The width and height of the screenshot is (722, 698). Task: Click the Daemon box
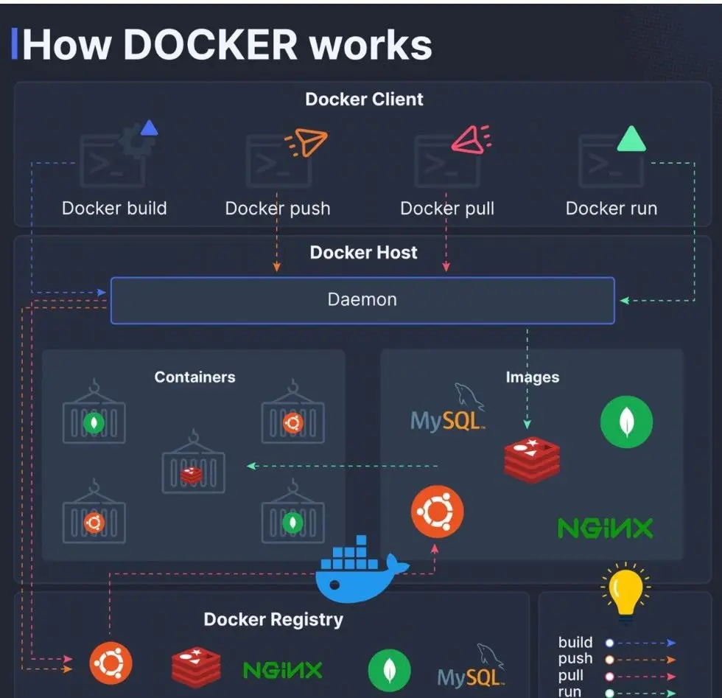[x=362, y=300]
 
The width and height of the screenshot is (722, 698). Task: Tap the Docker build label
[x=114, y=208]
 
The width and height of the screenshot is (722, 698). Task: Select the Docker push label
[x=278, y=208]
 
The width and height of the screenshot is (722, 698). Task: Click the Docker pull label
[x=446, y=208]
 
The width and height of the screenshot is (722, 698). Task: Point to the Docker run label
[x=611, y=208]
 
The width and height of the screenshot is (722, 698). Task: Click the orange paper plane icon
[x=306, y=142]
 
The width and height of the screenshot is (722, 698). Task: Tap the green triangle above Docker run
[x=631, y=139]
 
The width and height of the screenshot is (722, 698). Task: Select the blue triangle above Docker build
[x=149, y=129]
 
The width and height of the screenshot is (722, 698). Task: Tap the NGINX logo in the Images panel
[x=605, y=528]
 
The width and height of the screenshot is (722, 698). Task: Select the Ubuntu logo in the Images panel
[x=437, y=512]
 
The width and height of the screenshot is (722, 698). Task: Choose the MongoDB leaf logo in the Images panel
[x=626, y=422]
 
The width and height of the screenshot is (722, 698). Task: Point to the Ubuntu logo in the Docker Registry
[x=111, y=663]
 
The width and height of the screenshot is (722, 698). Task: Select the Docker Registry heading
[x=273, y=619]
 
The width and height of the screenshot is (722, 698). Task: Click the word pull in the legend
[x=571, y=675]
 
